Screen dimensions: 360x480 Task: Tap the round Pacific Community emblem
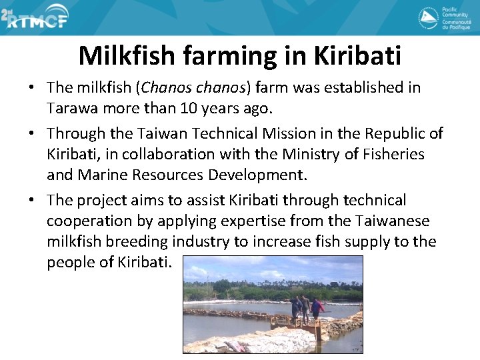428,18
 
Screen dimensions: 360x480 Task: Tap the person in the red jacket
316,307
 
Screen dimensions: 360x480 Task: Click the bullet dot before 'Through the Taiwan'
32,134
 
